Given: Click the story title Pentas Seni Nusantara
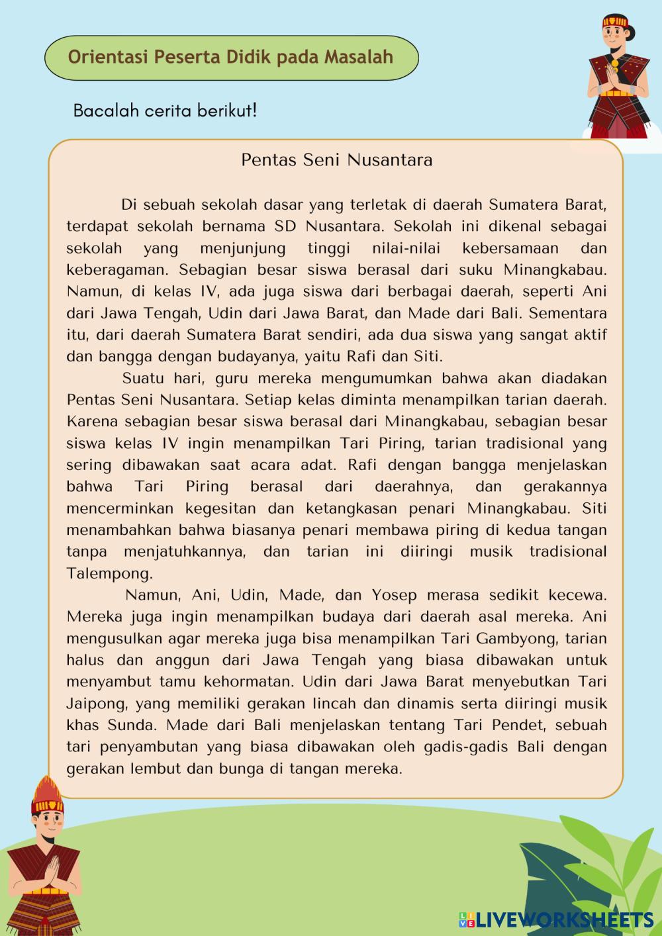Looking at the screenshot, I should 336,160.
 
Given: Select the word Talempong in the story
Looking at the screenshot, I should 110,573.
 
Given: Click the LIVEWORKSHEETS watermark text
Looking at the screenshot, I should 563,919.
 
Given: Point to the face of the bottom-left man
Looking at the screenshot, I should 47,824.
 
